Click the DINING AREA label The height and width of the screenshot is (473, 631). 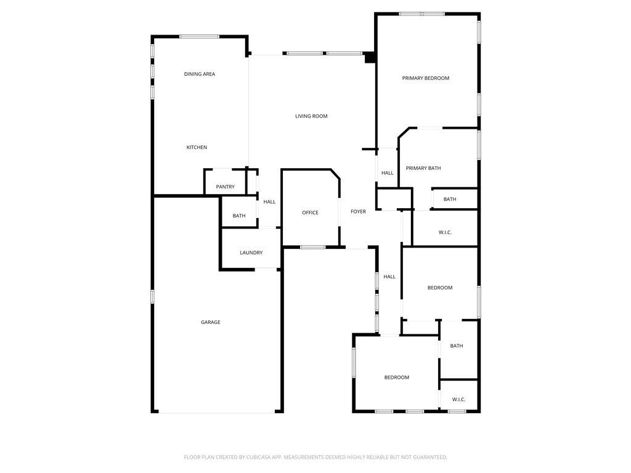(200, 74)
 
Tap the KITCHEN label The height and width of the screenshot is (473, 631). (197, 148)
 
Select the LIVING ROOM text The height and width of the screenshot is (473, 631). (311, 116)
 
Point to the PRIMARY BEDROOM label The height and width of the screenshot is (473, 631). (426, 78)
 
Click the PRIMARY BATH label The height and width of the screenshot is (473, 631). (423, 169)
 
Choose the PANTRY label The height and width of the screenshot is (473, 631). (226, 187)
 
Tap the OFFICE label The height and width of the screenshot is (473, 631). (311, 212)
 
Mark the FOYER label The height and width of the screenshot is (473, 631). (359, 212)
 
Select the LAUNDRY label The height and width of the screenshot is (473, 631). (251, 253)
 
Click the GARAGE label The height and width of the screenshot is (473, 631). (211, 322)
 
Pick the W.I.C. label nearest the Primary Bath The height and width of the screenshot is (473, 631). (445, 232)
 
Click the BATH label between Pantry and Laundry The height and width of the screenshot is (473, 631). (239, 216)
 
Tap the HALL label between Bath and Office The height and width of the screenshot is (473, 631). (270, 202)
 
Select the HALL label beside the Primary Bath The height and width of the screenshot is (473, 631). (388, 173)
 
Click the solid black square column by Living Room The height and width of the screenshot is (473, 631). (370, 58)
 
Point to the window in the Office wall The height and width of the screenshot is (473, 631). (312, 247)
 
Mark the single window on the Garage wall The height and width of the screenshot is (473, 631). (153, 297)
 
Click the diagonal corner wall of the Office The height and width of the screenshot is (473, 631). (335, 174)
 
